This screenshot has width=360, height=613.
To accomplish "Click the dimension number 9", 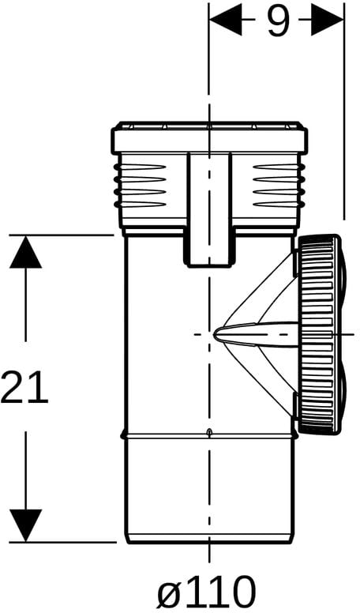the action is [x=279, y=21].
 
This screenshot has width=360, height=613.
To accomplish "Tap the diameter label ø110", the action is [x=206, y=591].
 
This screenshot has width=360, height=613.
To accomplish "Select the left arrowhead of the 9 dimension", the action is [x=226, y=19].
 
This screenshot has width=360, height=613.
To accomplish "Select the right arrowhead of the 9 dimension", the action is [x=328, y=19].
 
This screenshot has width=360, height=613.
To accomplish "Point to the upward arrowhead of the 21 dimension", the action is [x=26, y=252].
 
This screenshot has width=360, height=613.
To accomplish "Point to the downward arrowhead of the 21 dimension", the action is [x=26, y=526].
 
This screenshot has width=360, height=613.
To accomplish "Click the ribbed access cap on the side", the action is [x=317, y=335].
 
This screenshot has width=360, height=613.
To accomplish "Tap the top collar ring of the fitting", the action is [x=209, y=137].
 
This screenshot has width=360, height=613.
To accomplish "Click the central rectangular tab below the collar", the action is [x=209, y=210].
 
